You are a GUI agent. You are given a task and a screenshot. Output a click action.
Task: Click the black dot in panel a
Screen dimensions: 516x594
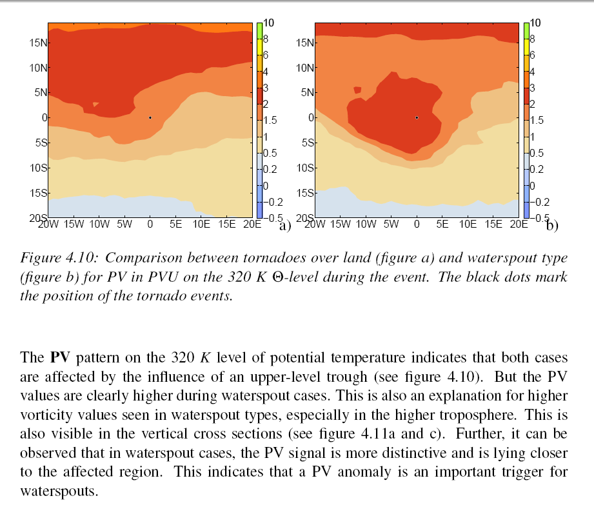pyautogui.click(x=150, y=117)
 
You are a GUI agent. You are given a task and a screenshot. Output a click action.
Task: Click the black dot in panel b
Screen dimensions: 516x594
pyautogui.click(x=417, y=117)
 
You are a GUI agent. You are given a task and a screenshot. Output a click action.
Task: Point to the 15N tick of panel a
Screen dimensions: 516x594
pyautogui.click(x=38, y=43)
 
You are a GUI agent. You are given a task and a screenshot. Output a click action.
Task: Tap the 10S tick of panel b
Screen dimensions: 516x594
pyautogui.click(x=305, y=168)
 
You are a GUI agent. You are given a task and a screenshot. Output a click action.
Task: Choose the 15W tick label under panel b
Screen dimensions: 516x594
pyautogui.click(x=340, y=224)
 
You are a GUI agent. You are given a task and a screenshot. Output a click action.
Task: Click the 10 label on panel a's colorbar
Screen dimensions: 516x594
pyautogui.click(x=270, y=23)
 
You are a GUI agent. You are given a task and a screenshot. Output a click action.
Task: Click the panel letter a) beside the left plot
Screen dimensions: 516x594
pyautogui.click(x=284, y=226)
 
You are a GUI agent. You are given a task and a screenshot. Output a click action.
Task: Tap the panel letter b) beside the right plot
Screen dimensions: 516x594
pyautogui.click(x=552, y=226)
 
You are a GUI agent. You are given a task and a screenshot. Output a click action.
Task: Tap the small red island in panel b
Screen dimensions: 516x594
pyautogui.click(x=358, y=90)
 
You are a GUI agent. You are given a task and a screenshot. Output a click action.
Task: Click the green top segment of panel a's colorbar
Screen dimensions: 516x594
pyautogui.click(x=259, y=30)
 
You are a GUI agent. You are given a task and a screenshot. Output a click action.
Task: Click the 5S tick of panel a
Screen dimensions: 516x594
pyautogui.click(x=41, y=143)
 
